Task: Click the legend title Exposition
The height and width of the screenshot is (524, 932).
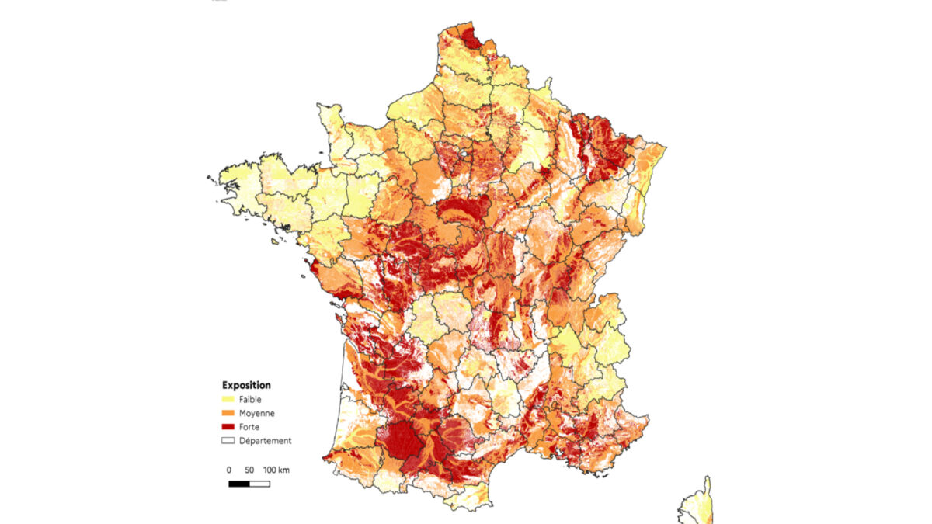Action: (x=246, y=384)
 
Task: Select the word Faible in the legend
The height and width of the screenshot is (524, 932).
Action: (x=251, y=399)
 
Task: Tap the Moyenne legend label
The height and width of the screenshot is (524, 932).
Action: (x=256, y=413)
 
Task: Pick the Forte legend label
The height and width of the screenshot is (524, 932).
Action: (x=249, y=427)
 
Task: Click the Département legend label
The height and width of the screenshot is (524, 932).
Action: (x=266, y=441)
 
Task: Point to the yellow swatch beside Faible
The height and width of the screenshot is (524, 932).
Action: (x=228, y=399)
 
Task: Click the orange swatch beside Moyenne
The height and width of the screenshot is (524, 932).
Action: (x=228, y=413)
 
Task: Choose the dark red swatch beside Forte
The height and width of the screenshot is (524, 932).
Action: (x=228, y=427)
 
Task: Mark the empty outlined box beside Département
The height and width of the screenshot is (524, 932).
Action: (x=228, y=441)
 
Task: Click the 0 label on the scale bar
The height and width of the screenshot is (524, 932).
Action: (x=228, y=470)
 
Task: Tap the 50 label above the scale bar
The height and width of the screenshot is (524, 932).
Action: (x=249, y=470)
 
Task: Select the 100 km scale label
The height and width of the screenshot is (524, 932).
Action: (x=276, y=470)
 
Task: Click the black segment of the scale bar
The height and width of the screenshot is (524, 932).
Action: (x=238, y=484)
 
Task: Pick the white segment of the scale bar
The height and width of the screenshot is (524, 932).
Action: (x=259, y=484)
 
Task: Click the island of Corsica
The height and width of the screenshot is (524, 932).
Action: (x=697, y=505)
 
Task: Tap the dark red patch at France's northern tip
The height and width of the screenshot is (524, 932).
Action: (x=470, y=37)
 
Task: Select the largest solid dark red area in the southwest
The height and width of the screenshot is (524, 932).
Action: (x=402, y=440)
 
